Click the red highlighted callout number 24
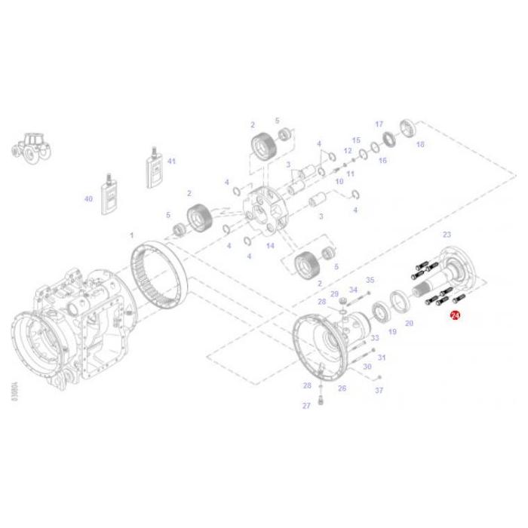pos(455,318)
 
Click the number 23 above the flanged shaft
pos(447,235)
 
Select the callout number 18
pos(420,144)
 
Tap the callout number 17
pos(379,124)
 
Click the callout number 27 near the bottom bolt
pos(306,406)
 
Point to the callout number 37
pos(379,390)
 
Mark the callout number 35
pos(370,280)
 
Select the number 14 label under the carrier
pos(270,246)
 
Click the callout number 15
pos(356,140)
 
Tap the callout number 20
pos(410,323)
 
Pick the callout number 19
pos(391,331)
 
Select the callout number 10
pos(339,182)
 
